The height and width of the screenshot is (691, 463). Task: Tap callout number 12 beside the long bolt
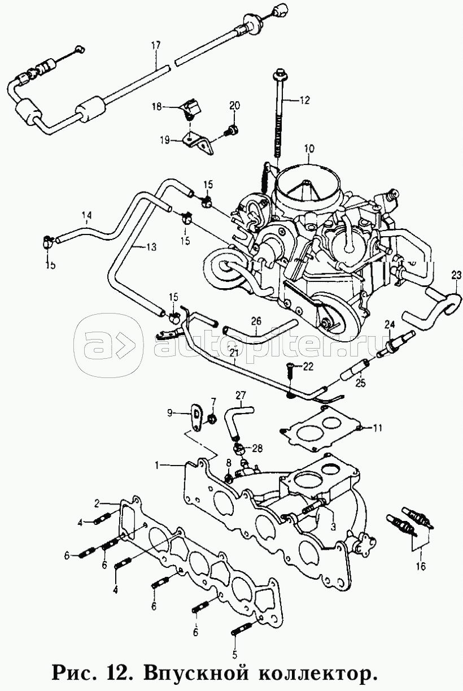[x=305, y=101]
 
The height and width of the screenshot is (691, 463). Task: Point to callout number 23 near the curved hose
[x=456, y=276]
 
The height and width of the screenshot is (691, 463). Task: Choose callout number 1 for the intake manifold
[x=159, y=465]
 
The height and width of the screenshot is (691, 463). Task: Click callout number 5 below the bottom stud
[x=234, y=655]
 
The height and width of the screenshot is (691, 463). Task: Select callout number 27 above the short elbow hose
[x=241, y=394]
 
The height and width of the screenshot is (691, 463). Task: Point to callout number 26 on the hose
[x=257, y=321]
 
